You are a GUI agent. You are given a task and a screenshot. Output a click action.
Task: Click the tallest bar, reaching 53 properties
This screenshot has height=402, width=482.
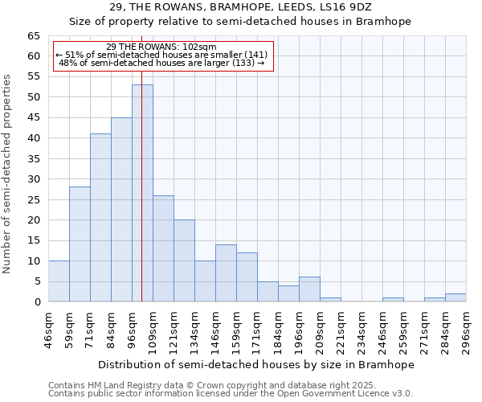(142, 193)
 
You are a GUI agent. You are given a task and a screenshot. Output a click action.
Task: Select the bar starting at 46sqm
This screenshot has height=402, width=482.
(59, 281)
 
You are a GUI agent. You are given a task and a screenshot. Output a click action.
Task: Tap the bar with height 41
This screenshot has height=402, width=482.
(100, 217)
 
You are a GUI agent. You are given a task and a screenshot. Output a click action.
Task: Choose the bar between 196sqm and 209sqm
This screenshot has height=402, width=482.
(309, 289)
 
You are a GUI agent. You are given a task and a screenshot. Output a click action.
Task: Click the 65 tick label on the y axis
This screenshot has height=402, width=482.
(34, 36)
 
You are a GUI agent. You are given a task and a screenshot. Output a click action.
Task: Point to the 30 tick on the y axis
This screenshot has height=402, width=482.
(34, 179)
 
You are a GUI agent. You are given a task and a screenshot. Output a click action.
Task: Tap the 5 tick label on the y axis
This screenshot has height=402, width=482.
(37, 281)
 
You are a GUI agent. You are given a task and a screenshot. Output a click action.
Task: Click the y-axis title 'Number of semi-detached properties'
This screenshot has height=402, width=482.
(8, 173)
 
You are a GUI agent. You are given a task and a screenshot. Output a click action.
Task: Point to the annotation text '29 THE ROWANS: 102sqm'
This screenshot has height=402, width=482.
(161, 47)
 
